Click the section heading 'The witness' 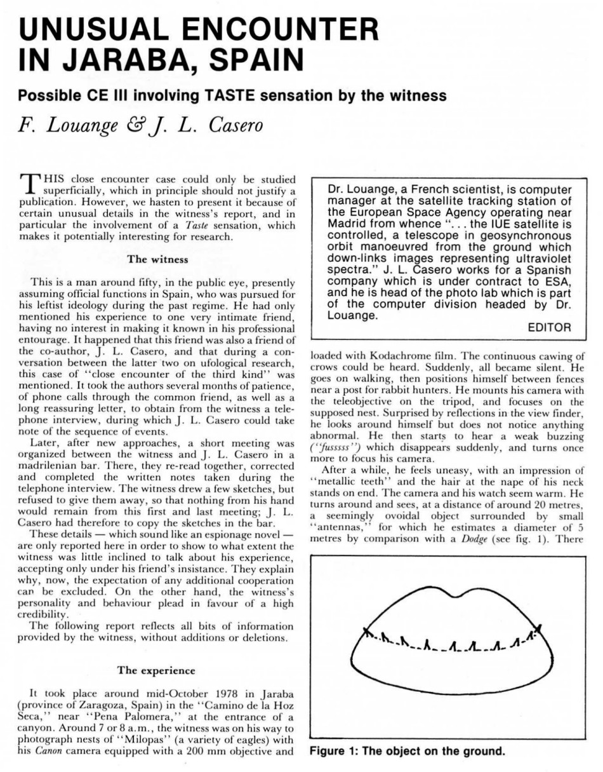(x=157, y=259)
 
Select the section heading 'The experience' (x=157, y=670)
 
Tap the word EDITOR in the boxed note (x=550, y=327)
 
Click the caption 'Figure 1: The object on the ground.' (x=408, y=752)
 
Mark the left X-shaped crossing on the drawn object (x=367, y=631)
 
